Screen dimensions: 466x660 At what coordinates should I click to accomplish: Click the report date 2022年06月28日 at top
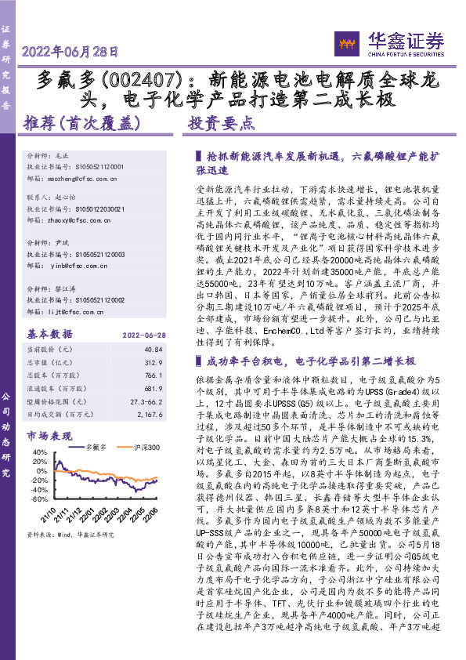click(x=71, y=53)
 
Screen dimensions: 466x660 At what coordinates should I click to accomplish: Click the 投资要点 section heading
click(x=222, y=123)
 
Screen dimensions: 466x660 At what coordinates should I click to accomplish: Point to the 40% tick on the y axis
click(x=37, y=454)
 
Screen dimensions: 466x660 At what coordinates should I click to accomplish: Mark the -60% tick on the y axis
click(x=36, y=498)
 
